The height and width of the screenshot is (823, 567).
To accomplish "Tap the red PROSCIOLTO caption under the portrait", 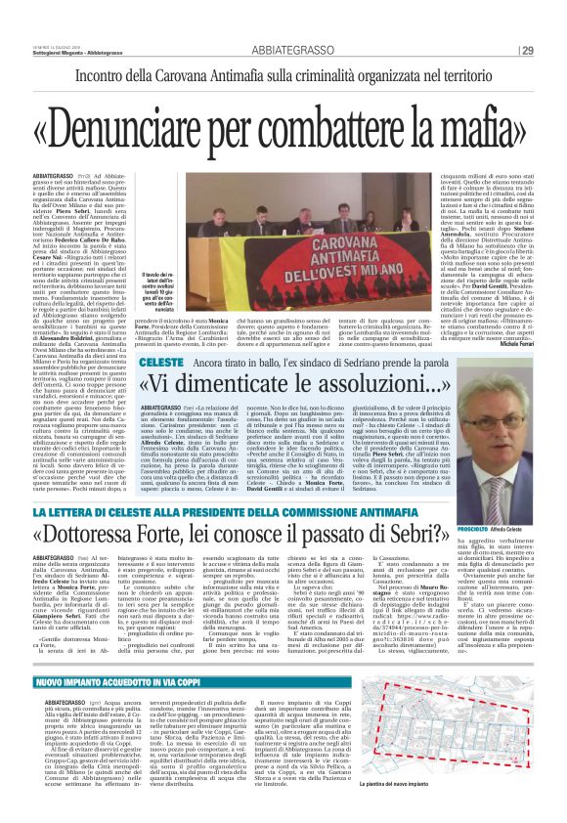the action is [492, 527].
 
